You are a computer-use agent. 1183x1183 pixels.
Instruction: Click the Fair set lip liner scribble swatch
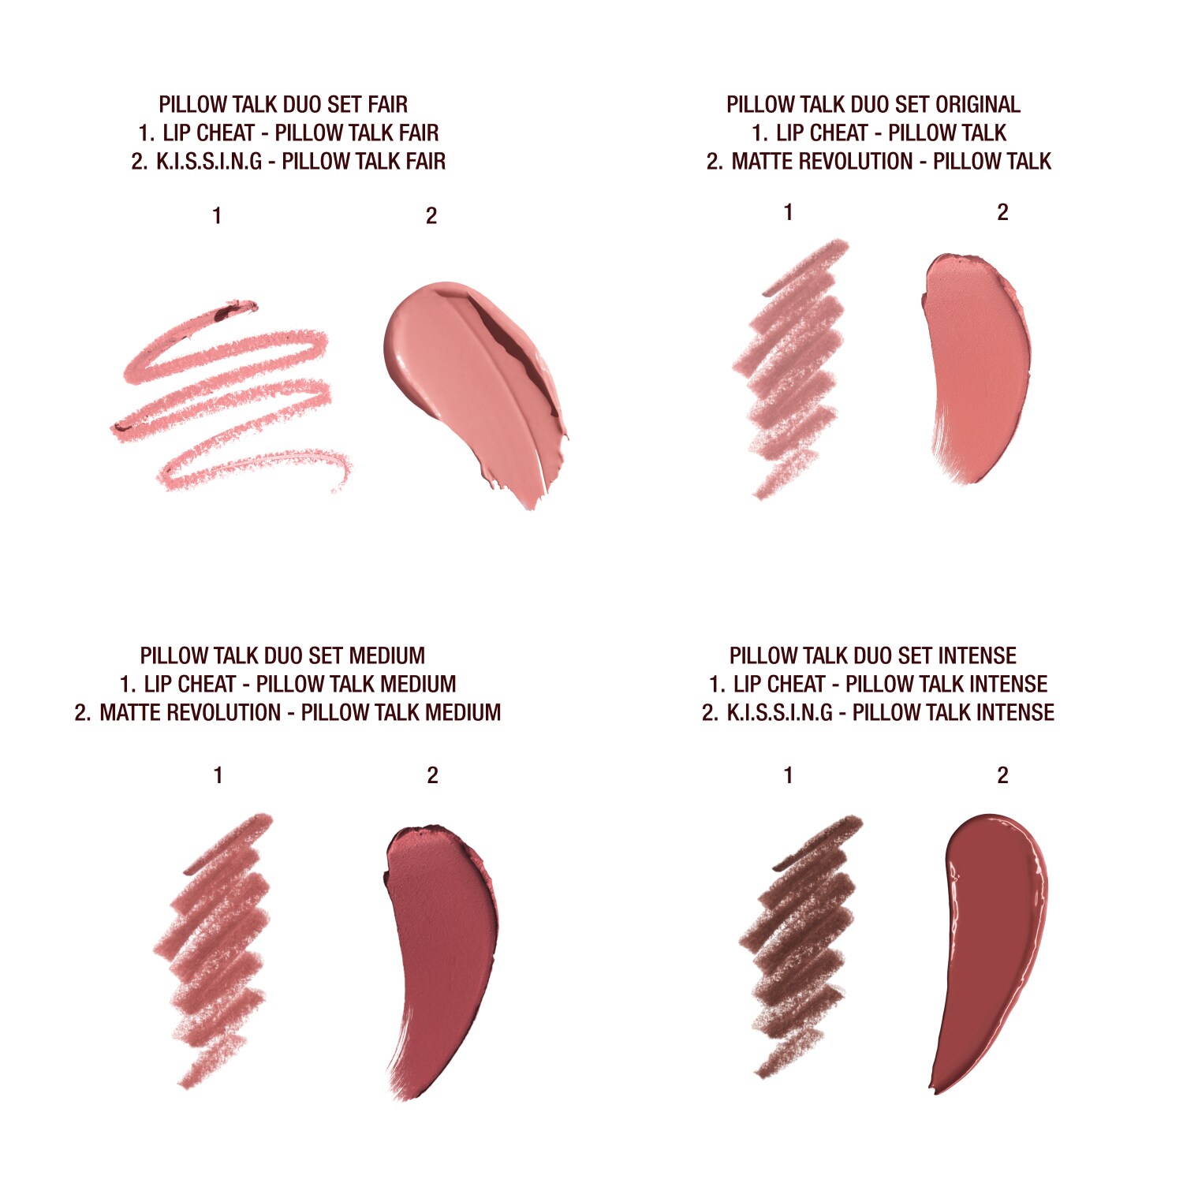pos(229,394)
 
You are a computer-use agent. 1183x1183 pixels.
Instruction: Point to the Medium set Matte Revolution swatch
pos(442,946)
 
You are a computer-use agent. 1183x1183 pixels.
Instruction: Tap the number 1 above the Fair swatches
pos(217,215)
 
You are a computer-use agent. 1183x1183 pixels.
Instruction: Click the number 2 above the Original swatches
pos(1002,212)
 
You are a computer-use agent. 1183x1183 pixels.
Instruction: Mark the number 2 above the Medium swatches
pos(432,775)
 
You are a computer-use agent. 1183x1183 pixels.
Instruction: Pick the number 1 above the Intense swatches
pos(788,775)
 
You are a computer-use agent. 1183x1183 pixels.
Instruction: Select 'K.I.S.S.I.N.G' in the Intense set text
pos(779,712)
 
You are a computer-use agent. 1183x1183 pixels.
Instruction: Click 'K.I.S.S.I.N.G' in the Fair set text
pos(209,161)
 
